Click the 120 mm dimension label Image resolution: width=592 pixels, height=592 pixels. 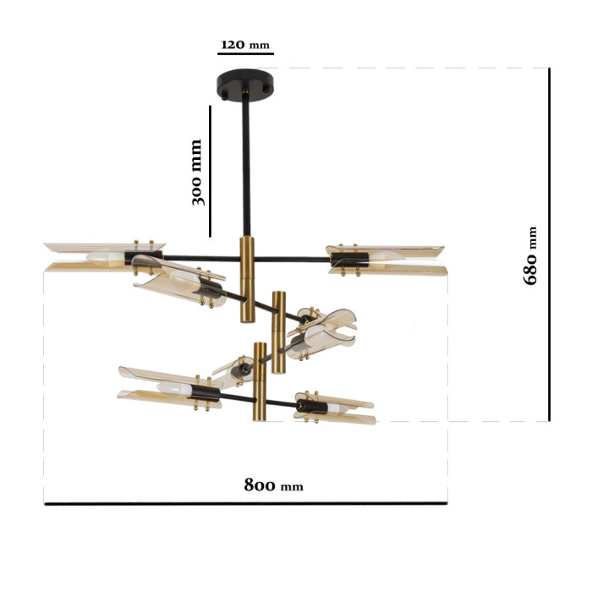click(x=245, y=45)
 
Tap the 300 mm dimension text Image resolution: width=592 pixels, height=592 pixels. click(x=197, y=173)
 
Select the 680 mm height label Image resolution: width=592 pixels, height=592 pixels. click(x=530, y=255)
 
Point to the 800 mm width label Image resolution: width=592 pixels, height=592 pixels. click(x=273, y=485)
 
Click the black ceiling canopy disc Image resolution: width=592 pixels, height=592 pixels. click(x=245, y=85)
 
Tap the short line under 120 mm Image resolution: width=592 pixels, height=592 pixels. click(x=245, y=54)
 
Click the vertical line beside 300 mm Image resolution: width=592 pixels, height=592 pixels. click(x=211, y=171)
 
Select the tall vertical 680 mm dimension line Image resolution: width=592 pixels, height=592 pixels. click(x=550, y=244)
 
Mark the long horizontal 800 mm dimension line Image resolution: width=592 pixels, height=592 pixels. click(x=246, y=503)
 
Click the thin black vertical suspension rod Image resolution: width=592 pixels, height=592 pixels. click(x=246, y=168)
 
